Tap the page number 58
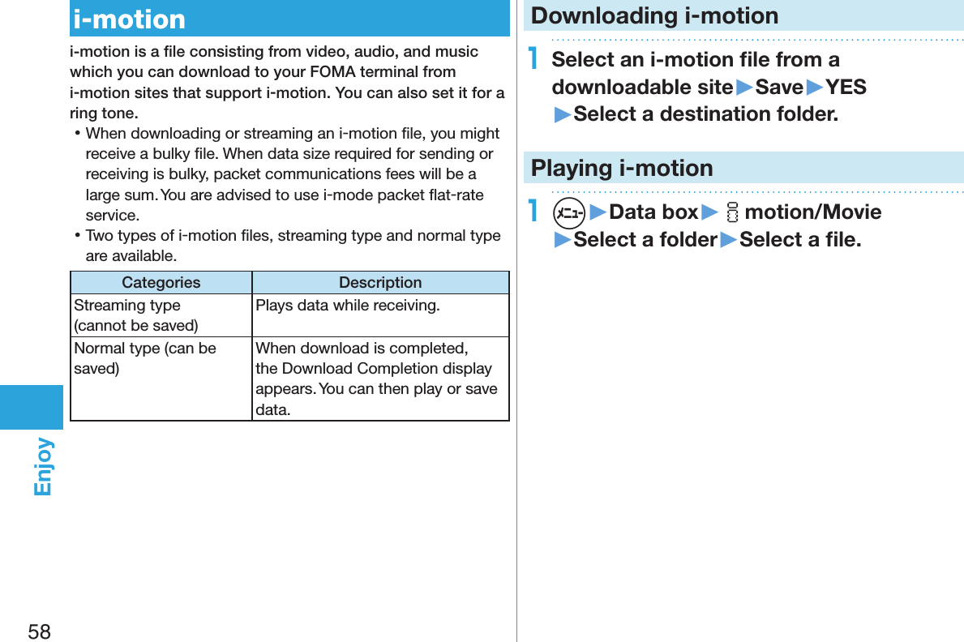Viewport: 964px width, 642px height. (39, 631)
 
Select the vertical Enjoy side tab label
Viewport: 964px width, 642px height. (43, 466)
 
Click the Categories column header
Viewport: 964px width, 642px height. (161, 283)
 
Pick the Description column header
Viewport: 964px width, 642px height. (380, 283)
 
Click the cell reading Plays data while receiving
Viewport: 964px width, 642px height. (348, 306)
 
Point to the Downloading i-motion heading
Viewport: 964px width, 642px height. (654, 15)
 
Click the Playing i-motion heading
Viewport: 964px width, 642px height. (622, 168)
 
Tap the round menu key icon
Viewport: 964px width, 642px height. (569, 212)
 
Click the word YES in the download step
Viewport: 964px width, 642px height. (846, 87)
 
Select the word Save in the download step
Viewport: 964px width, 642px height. (778, 87)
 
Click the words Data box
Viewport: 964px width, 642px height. (653, 212)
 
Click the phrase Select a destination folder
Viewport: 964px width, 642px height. (705, 114)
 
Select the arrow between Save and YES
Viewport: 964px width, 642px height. (814, 87)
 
